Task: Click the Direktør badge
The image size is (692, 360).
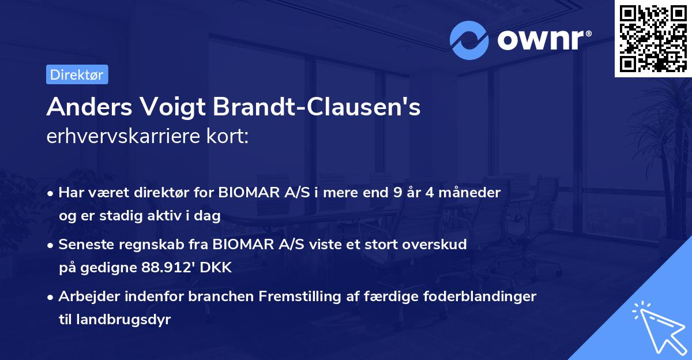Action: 77,74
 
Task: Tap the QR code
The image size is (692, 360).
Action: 653,38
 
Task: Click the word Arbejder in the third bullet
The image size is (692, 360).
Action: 84,297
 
